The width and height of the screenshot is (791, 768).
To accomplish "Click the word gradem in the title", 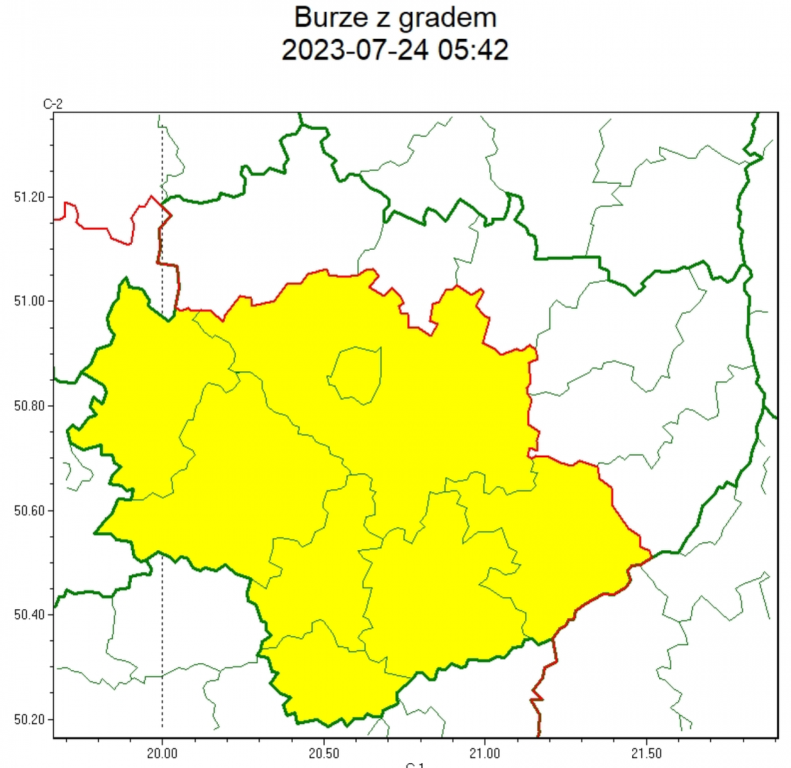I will [x=441, y=18].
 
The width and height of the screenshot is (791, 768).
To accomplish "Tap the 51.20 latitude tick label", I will [x=29, y=197].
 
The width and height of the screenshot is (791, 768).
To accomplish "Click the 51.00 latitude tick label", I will [x=29, y=301].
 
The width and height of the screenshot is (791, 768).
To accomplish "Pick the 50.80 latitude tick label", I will [x=29, y=406].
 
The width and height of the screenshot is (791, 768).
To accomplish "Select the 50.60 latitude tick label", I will [x=29, y=511].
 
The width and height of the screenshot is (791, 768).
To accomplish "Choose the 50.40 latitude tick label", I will [x=29, y=615].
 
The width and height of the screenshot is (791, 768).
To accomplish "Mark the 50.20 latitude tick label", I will [x=29, y=719].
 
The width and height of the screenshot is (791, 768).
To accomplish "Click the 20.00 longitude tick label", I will [x=162, y=753].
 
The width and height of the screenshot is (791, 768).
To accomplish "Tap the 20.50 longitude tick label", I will [x=323, y=753].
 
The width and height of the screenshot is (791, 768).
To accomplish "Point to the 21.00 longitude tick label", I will [x=485, y=753].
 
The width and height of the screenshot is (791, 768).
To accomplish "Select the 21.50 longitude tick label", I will [x=647, y=753].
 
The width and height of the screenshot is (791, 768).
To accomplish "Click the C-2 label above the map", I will [x=53, y=104].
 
